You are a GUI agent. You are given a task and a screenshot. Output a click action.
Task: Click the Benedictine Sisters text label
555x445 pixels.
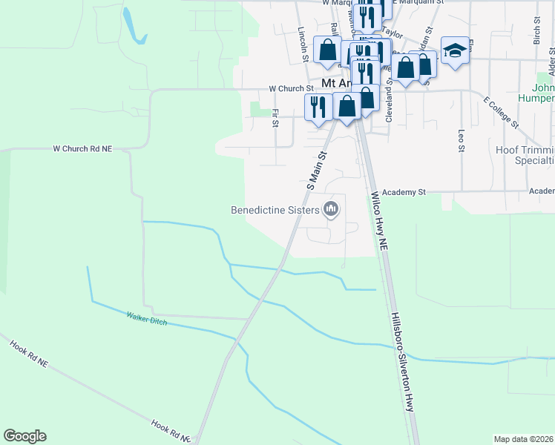tap(275, 210)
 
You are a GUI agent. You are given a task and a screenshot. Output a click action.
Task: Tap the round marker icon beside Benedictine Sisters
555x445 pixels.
tap(332, 211)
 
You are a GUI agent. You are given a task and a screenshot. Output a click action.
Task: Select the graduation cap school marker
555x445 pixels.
tap(455, 50)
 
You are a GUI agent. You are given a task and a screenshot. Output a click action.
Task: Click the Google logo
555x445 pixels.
tap(24, 436)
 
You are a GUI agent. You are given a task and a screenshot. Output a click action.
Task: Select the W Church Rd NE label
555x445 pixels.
tap(82, 148)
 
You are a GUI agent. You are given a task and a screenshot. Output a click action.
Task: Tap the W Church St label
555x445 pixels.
tap(292, 88)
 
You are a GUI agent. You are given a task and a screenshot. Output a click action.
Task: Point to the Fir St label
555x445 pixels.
tap(275, 118)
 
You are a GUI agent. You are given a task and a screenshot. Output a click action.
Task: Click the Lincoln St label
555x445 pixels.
tap(302, 44)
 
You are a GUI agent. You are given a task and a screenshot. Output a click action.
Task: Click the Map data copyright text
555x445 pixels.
tap(524, 439)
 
